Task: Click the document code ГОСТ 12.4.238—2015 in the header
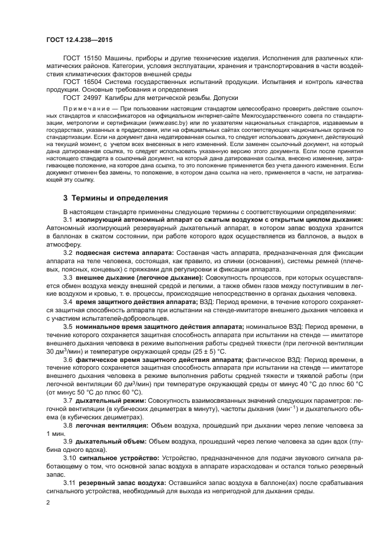tap(78, 39)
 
